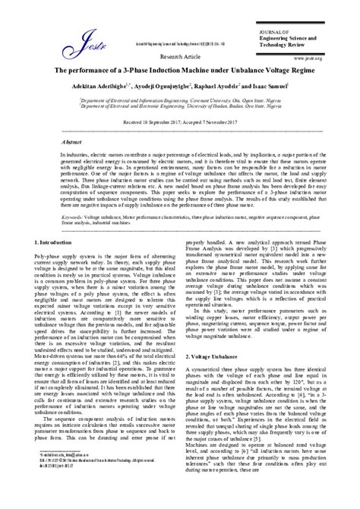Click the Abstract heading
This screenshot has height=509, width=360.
click(51, 142)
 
